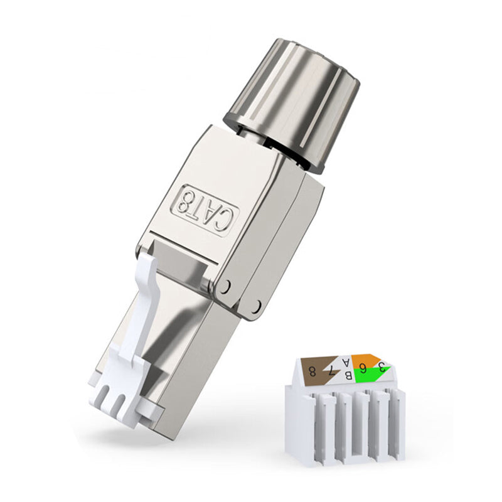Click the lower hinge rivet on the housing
click(255, 306)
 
